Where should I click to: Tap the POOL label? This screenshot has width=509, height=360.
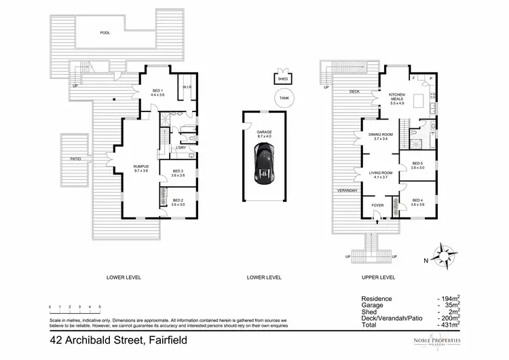pos(105,32)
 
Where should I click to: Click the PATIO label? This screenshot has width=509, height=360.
pos(75,160)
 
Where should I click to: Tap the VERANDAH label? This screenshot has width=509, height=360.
pos(347,191)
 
